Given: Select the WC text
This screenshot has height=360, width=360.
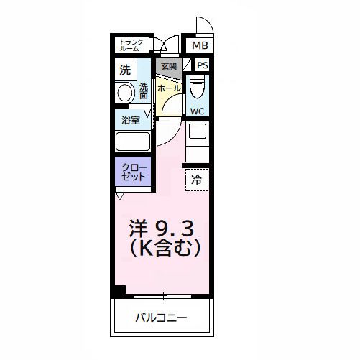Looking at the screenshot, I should pyautogui.click(x=197, y=111).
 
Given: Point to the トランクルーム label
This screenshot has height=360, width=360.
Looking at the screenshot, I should pyautogui.click(x=132, y=45).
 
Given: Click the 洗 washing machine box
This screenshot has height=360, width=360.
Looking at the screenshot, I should pyautogui.click(x=125, y=70).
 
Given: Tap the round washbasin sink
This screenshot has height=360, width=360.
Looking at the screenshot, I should pyautogui.click(x=126, y=93).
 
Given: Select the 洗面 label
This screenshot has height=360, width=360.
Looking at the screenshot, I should pyautogui.click(x=143, y=91).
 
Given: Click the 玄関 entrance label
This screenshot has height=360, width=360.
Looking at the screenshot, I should pyautogui.click(x=168, y=66).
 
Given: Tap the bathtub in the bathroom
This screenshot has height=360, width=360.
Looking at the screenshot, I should pyautogui.click(x=132, y=142).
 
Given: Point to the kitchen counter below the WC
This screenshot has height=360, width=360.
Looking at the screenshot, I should pyautogui.click(x=197, y=141).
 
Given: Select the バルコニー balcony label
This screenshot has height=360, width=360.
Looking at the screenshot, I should pyautogui.click(x=162, y=317).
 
